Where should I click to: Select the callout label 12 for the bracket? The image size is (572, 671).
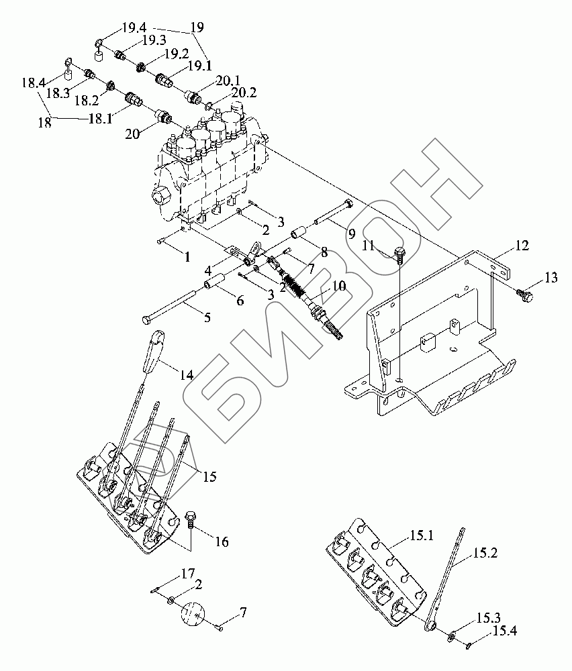coord(522,247)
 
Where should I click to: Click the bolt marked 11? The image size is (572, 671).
coord(399,254)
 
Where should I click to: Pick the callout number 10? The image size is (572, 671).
coord(339,286)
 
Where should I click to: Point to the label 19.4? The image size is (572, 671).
coord(134,28)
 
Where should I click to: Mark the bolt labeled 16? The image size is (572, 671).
coord(191,519)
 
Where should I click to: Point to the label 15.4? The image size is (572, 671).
coord(503,631)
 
